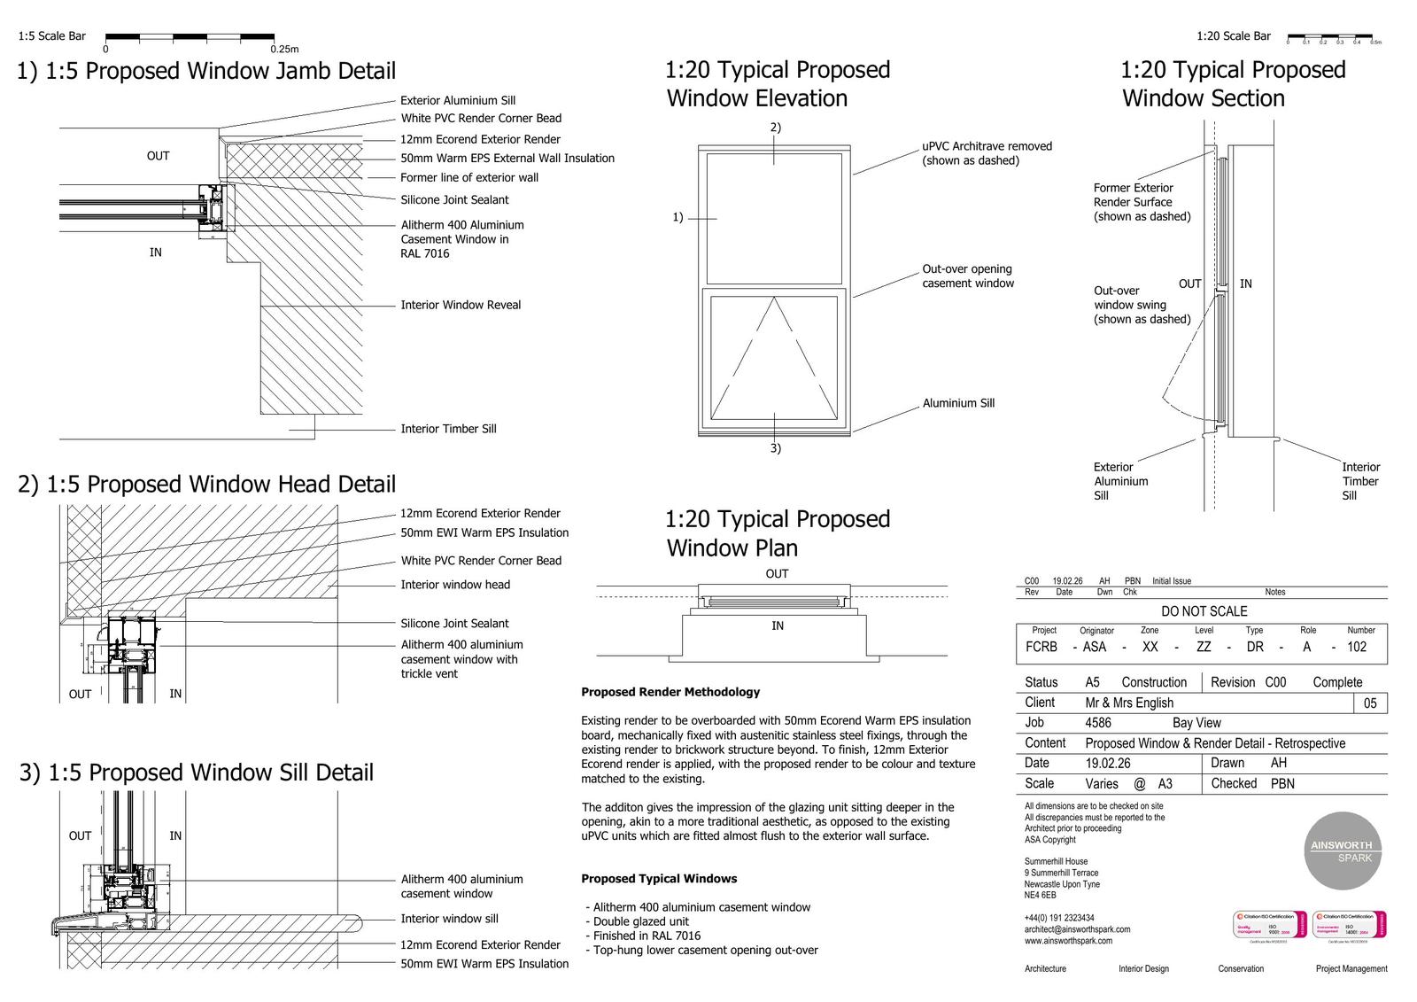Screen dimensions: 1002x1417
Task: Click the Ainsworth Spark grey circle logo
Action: [x=1342, y=851]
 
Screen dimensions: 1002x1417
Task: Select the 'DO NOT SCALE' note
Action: [x=1204, y=611]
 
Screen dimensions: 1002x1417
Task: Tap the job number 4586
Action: [x=1098, y=723]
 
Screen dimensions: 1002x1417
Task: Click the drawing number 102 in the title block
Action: [x=1357, y=647]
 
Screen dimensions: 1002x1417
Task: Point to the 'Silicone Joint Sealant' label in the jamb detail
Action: [x=454, y=200]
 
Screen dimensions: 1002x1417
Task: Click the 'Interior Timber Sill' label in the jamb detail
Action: [x=448, y=429]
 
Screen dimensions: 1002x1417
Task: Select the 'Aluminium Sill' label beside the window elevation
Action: [x=958, y=403]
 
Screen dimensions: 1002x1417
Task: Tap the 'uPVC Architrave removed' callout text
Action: [x=987, y=147]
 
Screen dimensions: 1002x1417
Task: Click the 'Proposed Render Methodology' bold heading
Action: [x=670, y=692]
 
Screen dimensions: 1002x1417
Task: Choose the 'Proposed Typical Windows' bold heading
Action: [x=659, y=879]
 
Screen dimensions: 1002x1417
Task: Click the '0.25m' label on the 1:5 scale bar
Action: [x=284, y=50]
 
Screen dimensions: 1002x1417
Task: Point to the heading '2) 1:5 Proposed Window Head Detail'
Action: [x=206, y=485]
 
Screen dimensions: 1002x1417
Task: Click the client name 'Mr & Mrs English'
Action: [x=1129, y=703]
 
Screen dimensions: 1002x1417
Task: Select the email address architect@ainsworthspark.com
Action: [x=1077, y=929]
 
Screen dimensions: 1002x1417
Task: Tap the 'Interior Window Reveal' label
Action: [x=461, y=305]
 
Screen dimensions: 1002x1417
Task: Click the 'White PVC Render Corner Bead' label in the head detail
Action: [x=481, y=561]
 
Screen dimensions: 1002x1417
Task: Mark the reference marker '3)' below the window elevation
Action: [x=775, y=448]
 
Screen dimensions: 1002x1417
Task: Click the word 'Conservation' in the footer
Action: [x=1241, y=968]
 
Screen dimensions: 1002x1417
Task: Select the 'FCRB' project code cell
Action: [x=1041, y=647]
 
